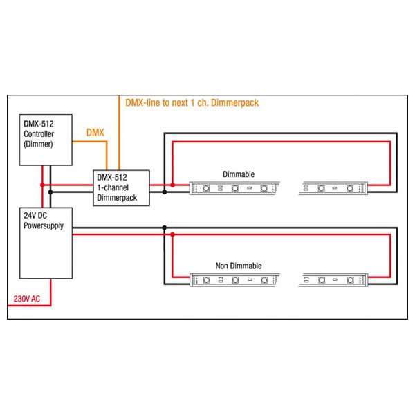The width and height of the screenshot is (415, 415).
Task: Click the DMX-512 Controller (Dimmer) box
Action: coord(46,140)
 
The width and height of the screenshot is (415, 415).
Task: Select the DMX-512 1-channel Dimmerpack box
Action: coord(121,188)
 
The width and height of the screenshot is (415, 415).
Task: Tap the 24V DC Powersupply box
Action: coord(46,243)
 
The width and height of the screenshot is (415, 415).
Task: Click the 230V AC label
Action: coord(27,299)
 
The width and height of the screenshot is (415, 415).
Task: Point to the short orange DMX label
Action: coord(95,132)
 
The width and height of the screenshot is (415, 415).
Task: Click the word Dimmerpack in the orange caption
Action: coord(234,102)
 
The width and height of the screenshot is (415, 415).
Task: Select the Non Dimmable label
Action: coord(239,266)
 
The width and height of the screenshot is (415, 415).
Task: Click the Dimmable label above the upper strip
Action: coord(239,174)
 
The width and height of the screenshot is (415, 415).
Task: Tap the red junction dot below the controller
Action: coord(42,185)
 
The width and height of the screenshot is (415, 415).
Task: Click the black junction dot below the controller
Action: coord(50,192)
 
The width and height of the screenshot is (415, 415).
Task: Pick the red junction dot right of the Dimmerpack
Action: coord(172,185)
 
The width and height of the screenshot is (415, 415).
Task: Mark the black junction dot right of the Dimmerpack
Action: coord(165,192)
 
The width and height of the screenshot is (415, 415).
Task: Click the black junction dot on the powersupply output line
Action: coord(165,228)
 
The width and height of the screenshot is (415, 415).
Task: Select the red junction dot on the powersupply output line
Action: coord(172,234)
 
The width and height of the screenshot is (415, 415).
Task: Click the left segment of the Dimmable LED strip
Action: coord(234,188)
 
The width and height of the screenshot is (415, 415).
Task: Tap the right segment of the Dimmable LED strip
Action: coord(333,188)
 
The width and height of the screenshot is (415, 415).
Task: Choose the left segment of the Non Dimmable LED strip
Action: coord(234,279)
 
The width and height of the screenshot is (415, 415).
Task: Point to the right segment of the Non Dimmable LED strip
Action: coord(333,279)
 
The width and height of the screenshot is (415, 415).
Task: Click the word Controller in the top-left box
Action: coord(39,134)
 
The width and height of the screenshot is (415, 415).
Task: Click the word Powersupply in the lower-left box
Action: coord(44,225)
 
